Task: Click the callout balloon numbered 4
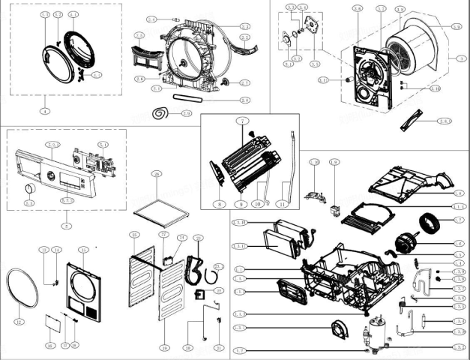[x=45, y=110]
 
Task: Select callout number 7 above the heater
[x=242, y=121]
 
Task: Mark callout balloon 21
[x=218, y=347]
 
